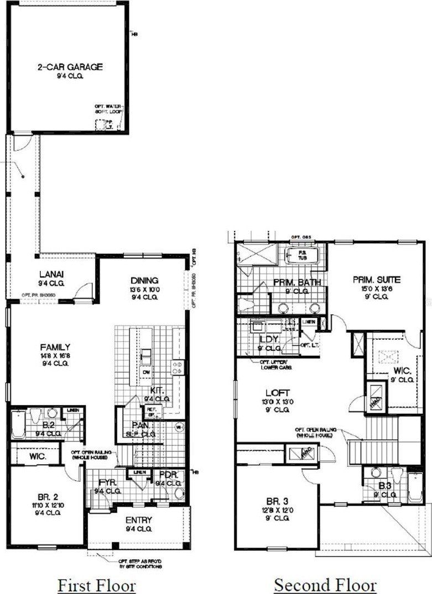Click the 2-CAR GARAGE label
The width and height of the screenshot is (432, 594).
(x=70, y=67)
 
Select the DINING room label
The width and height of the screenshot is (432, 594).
(x=144, y=280)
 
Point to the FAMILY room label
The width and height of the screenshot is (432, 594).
(x=55, y=347)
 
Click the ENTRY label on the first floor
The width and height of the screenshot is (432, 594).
(x=138, y=520)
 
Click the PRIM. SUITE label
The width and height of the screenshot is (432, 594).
(x=376, y=280)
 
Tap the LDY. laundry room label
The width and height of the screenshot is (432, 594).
(x=269, y=339)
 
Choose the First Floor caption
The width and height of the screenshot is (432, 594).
(x=97, y=584)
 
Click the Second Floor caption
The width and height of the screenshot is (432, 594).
(x=325, y=584)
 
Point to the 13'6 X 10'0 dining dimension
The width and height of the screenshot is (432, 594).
(x=144, y=289)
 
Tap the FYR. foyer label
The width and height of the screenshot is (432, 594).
(x=107, y=482)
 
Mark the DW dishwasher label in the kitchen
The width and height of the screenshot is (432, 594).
(x=145, y=372)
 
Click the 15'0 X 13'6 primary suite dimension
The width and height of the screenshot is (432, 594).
(x=376, y=288)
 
